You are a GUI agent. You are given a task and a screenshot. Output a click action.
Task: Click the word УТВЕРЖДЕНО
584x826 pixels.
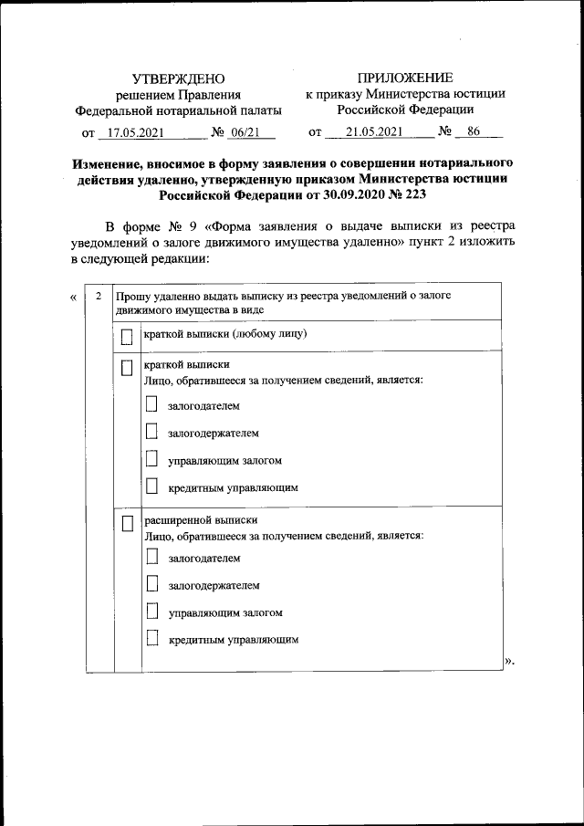point(178,79)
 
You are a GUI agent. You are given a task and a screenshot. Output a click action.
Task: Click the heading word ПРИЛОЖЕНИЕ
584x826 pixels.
point(405,78)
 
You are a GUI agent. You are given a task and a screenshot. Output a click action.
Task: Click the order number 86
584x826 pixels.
point(473,132)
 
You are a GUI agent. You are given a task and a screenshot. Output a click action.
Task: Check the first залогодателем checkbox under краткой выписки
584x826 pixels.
point(152,405)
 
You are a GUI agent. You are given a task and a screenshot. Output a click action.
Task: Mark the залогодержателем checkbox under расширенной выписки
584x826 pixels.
point(152,583)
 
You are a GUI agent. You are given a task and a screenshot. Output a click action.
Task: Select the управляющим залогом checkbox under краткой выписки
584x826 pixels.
point(152,460)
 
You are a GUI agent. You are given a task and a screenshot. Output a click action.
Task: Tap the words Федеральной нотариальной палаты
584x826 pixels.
point(178,110)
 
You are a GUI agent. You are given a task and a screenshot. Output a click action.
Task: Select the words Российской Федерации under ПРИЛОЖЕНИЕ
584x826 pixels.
point(405,110)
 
